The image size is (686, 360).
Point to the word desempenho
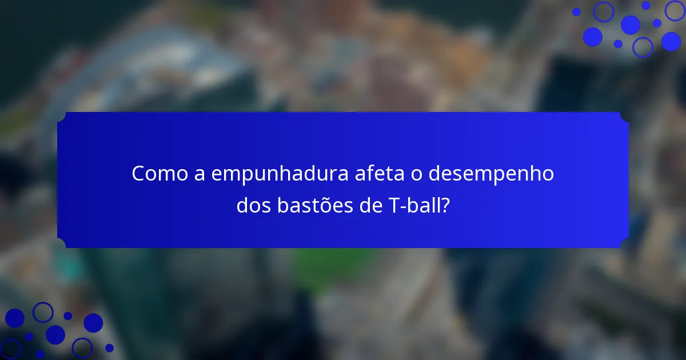491,174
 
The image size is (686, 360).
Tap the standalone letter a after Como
200,175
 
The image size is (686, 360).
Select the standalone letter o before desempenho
416,175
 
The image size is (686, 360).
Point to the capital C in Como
138,174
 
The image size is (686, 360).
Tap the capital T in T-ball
385,206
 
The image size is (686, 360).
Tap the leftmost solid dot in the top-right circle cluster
576,12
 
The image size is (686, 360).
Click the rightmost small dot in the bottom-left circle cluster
109,347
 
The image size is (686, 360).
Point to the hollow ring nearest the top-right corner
675,10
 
